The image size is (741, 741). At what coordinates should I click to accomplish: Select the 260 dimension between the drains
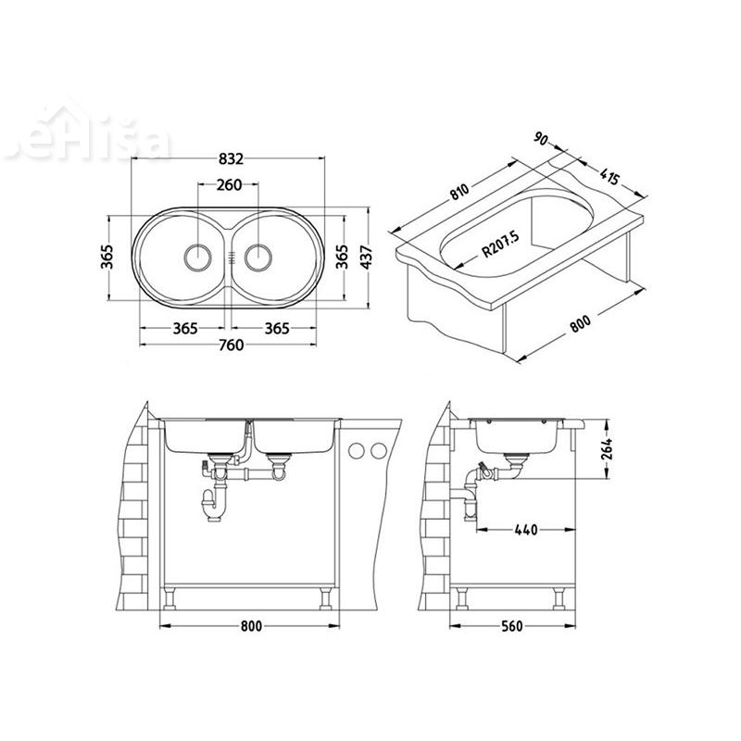point(230,184)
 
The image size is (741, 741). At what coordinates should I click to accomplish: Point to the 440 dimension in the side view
point(524,530)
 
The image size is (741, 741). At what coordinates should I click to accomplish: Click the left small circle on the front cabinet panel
point(357,450)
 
